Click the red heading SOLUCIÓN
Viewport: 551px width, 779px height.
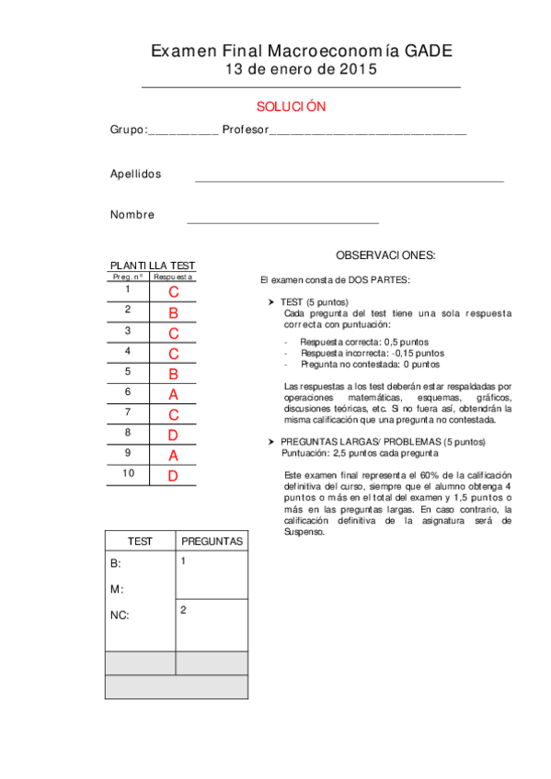point(291,107)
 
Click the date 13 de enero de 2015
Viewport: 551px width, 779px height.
point(301,70)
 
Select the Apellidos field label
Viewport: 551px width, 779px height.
point(135,174)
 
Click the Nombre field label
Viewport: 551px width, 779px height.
point(132,215)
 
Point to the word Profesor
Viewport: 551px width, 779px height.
point(245,130)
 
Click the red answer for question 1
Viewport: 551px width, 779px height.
point(173,292)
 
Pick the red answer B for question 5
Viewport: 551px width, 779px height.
point(173,374)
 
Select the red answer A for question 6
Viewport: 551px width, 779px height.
point(173,394)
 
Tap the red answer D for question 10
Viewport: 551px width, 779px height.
point(173,476)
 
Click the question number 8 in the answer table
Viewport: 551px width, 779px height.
point(128,433)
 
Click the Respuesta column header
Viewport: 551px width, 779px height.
point(173,277)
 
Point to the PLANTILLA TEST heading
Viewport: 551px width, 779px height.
point(153,265)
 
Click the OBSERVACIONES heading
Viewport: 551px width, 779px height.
point(385,254)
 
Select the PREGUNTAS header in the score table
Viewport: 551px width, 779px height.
point(212,542)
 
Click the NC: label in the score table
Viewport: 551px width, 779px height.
point(120,615)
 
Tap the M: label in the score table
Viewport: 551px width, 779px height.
point(116,589)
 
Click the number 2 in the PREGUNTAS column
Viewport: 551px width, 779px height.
point(184,609)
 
